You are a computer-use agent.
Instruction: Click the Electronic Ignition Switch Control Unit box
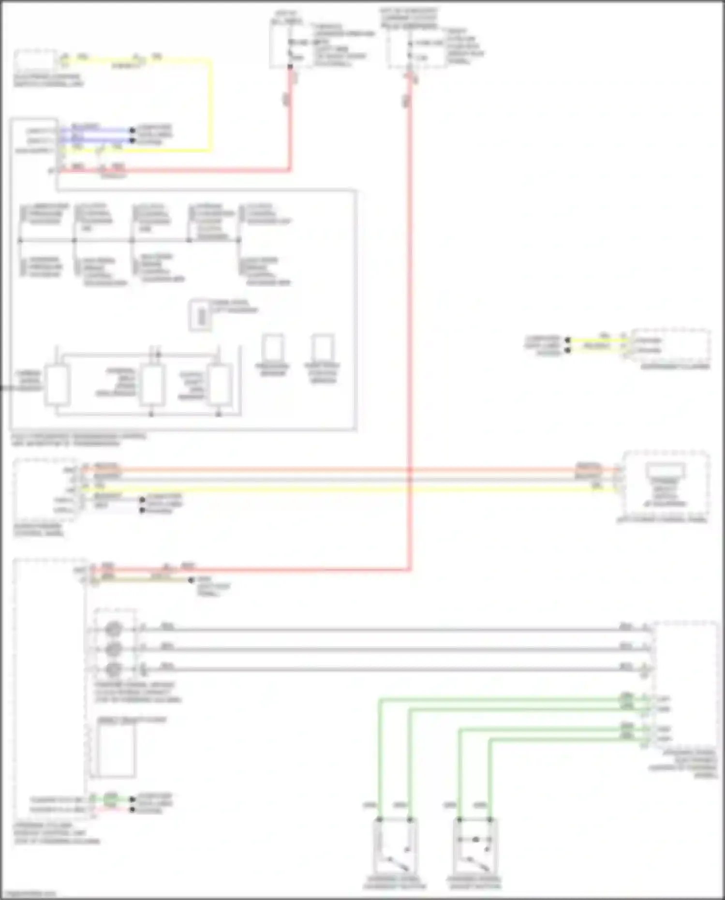(35, 61)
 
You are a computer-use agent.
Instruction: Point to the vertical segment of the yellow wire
(210, 104)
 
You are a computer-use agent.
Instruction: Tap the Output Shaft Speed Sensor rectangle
(219, 385)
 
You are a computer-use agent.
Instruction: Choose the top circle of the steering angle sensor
(114, 629)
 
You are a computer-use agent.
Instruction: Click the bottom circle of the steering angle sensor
(114, 669)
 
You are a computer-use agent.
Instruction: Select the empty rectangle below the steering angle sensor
(116, 749)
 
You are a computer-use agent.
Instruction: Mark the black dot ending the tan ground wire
(191, 579)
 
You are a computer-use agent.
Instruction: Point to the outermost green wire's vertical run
(380, 759)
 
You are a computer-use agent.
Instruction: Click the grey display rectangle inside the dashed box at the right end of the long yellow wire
(666, 470)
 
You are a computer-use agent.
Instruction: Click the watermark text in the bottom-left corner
(29, 894)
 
